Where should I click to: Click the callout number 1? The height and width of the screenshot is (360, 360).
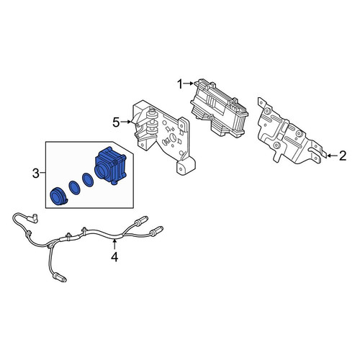click(180, 84)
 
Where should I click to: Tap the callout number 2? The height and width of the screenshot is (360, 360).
click(343, 156)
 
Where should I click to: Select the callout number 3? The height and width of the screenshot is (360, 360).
click(35, 174)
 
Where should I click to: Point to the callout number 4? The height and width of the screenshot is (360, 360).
click(114, 257)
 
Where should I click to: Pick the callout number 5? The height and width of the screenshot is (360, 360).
click(116, 123)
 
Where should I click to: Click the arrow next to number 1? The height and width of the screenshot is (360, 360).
click(189, 84)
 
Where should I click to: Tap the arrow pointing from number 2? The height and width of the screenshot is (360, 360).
click(332, 156)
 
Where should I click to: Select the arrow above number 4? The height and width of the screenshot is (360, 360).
click(115, 244)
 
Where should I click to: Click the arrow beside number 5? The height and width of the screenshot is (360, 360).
click(125, 122)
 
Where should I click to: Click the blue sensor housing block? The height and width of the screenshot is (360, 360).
click(110, 166)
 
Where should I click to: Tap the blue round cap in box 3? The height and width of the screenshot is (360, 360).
click(58, 197)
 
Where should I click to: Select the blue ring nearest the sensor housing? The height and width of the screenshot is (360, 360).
click(88, 180)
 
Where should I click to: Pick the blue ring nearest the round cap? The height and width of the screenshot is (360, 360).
click(74, 188)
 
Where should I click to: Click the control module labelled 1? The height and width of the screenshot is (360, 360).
click(219, 108)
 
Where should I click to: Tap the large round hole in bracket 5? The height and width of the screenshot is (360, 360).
click(173, 138)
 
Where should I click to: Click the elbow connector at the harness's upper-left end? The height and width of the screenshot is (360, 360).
click(32, 218)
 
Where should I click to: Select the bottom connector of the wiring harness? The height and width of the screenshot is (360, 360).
click(59, 278)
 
